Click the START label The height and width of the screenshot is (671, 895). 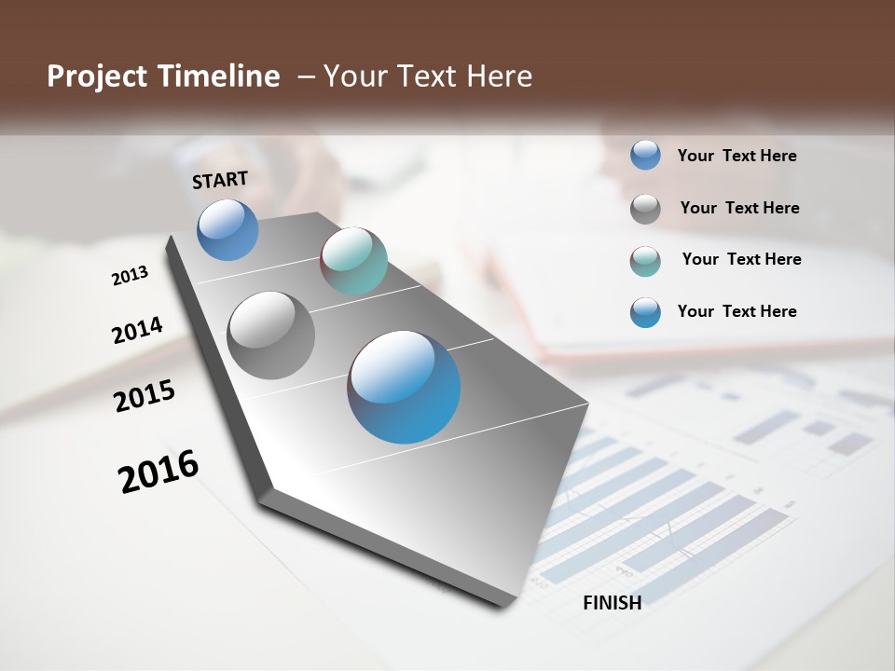click(x=220, y=179)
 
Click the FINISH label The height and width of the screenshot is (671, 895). click(x=613, y=603)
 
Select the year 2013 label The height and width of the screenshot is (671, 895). click(x=130, y=276)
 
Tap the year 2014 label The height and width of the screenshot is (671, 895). click(x=137, y=330)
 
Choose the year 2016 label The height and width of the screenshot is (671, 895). click(x=158, y=472)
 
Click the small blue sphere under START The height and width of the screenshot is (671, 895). click(x=227, y=230)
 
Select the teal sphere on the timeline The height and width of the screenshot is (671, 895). click(x=353, y=261)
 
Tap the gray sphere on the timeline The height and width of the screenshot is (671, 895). click(x=270, y=335)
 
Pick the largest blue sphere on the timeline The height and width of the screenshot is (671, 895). click(x=404, y=387)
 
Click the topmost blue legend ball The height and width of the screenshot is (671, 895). click(x=645, y=156)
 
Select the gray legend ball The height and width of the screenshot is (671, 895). click(x=645, y=209)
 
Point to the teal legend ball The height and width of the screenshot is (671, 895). click(x=645, y=261)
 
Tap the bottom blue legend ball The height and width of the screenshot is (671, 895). click(x=645, y=312)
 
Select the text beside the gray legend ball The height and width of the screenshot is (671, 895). click(x=739, y=208)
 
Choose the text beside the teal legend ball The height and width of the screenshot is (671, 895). click(x=741, y=259)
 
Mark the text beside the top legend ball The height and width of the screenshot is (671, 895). click(x=737, y=156)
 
